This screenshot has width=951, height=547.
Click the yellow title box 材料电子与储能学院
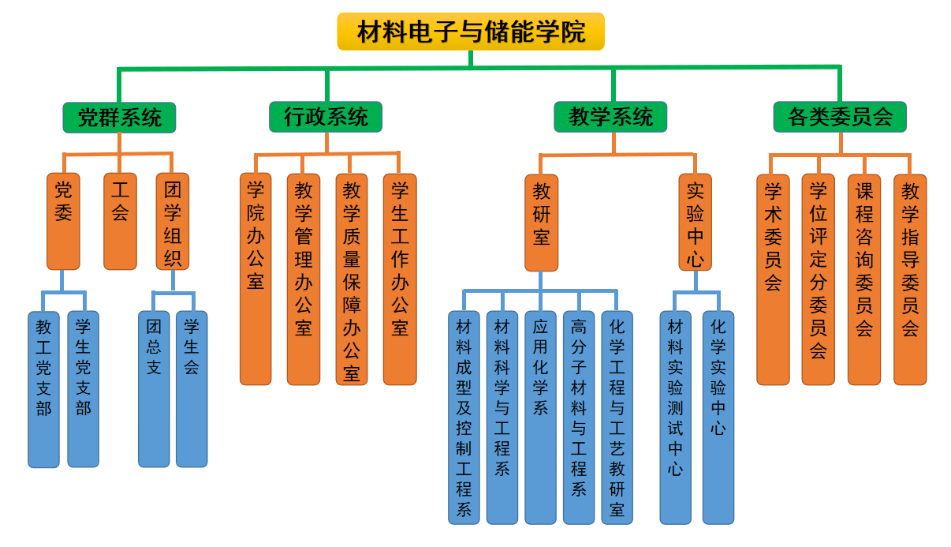tap(471, 32)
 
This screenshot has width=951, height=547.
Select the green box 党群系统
tap(119, 118)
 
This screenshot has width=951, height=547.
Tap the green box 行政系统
tap(326, 117)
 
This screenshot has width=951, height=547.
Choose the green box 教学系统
tap(610, 117)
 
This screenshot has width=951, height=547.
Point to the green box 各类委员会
tap(840, 117)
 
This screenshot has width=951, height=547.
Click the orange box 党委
tap(63, 221)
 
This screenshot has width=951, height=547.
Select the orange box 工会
tap(120, 221)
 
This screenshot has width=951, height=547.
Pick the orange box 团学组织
tap(173, 221)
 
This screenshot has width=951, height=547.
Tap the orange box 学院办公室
tap(255, 279)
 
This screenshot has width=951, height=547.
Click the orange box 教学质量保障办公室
tap(352, 279)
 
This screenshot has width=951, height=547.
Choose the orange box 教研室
tap(541, 223)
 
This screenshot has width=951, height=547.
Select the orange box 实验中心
tap(695, 223)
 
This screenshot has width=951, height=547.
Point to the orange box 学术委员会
tap(773, 279)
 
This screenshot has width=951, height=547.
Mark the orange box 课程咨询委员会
tap(864, 279)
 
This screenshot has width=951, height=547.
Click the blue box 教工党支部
tap(43, 388)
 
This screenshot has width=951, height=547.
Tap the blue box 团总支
tap(154, 388)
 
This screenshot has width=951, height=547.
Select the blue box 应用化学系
tap(540, 417)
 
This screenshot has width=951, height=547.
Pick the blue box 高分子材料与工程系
tap(579, 417)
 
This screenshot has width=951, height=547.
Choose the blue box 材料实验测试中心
tap(675, 417)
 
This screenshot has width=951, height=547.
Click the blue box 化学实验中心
tap(718, 417)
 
